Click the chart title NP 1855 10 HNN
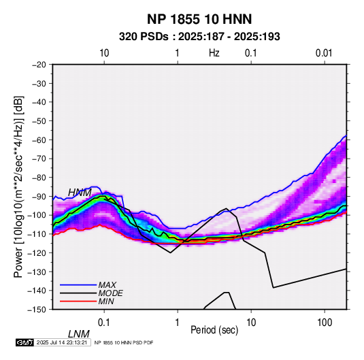click(199, 19)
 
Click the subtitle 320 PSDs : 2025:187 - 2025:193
click(199, 37)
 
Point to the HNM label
click(80, 193)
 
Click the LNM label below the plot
click(79, 334)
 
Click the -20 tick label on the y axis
click(39, 65)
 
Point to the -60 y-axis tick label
click(39, 140)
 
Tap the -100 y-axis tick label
click(37, 215)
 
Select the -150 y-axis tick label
click(37, 310)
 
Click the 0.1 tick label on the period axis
click(104, 323)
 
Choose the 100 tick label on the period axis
click(325, 323)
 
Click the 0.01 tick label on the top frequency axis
click(324, 53)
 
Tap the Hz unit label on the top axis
click(214, 53)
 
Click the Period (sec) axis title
click(214, 330)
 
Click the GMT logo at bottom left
click(24, 342)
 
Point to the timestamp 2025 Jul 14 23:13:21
click(62, 342)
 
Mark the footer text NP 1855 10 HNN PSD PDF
click(124, 342)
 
